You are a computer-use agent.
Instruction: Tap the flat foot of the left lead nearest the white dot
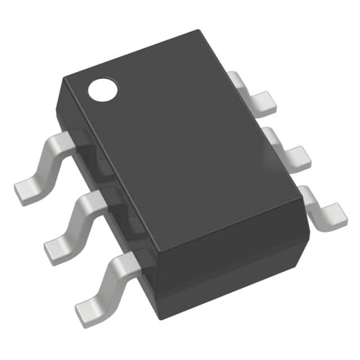27,191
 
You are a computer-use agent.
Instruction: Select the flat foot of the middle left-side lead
58,248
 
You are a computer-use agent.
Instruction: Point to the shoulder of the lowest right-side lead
304,192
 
